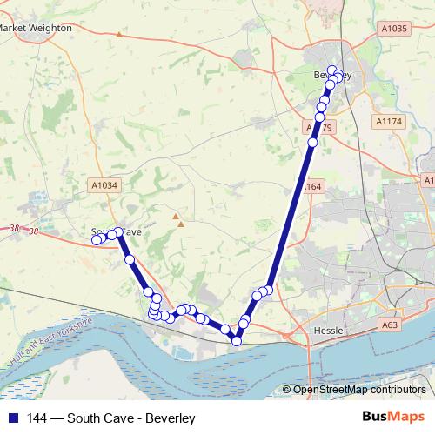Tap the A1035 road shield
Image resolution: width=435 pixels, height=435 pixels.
tap(393, 28)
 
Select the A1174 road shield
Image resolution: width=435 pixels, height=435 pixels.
tap(387, 121)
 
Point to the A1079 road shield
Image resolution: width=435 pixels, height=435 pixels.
tap(320, 127)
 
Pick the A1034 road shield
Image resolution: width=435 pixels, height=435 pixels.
tap(104, 185)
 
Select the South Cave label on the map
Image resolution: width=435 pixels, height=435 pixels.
tap(117, 232)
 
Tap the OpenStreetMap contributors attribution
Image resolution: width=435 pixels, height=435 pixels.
tap(358, 389)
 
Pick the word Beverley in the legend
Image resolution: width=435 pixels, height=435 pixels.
tap(170, 418)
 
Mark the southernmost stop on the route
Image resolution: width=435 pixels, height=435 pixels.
tap(236, 341)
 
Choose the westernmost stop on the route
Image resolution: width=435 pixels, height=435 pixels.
tap(97, 240)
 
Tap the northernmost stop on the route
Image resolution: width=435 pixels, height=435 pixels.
tap(331, 70)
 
